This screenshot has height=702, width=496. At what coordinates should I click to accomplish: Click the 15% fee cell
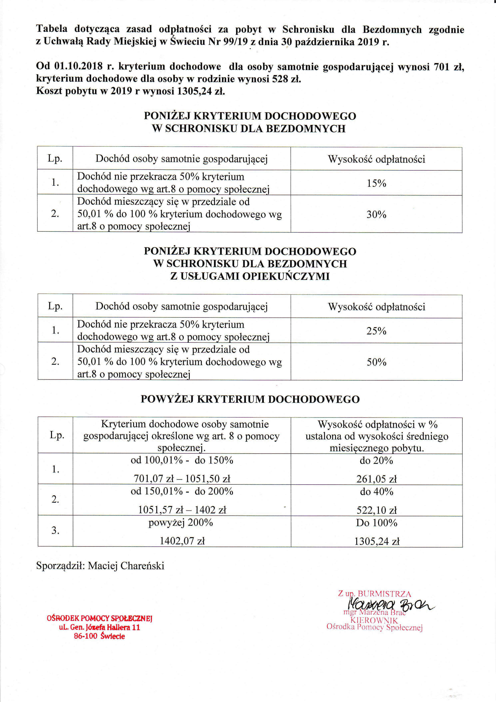tap(376, 183)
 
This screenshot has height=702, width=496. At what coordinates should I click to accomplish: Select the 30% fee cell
tap(376, 214)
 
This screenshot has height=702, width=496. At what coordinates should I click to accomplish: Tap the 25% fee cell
tap(376, 331)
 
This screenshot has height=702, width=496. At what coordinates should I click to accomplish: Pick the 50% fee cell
tap(376, 362)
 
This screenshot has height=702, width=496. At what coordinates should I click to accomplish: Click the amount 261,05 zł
tap(376, 479)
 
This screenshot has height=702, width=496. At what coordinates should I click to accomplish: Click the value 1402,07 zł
tap(182, 541)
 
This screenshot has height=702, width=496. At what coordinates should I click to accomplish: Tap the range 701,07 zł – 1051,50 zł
tap(182, 478)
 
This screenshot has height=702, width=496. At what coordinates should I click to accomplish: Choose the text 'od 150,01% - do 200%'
tap(182, 491)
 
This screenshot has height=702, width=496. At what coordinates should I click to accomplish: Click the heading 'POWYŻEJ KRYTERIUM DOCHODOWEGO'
tap(250, 399)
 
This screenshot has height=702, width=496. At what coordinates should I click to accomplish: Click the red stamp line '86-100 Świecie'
tap(99, 636)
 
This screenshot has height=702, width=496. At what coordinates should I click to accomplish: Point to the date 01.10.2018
tap(79, 66)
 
